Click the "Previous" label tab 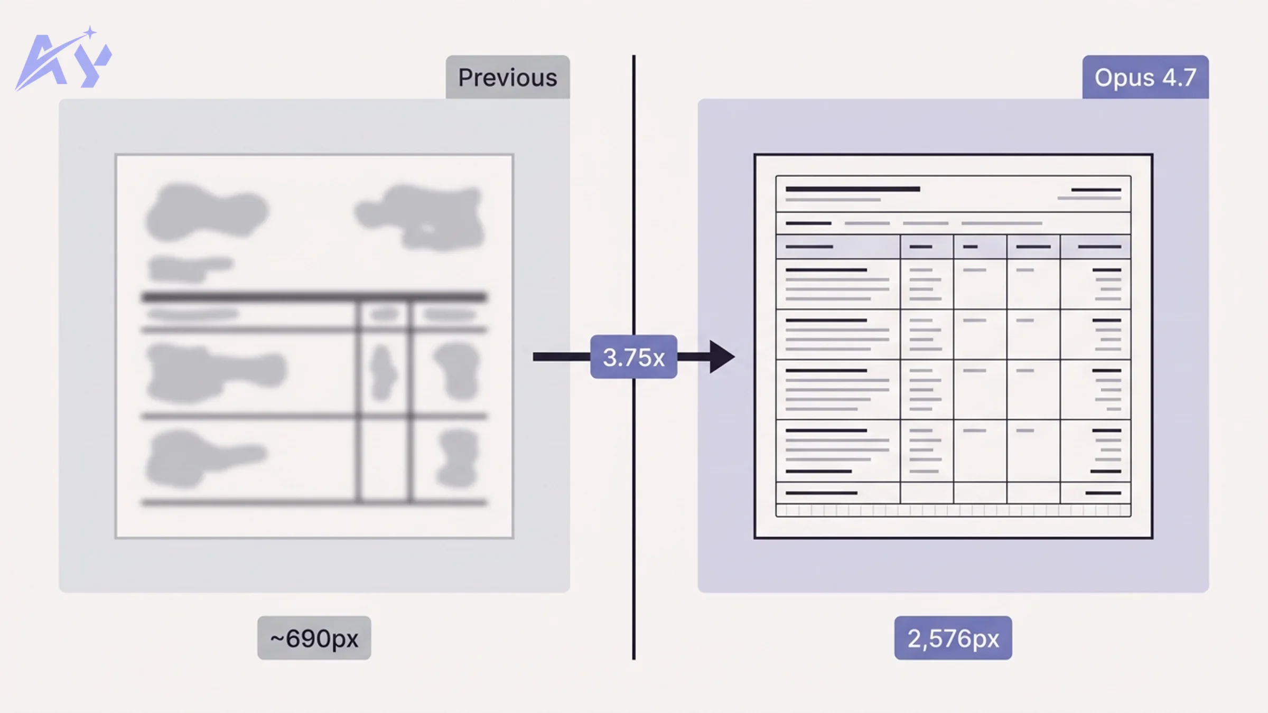tap(507, 78)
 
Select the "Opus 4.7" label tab tap(1145, 78)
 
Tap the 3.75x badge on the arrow tap(633, 357)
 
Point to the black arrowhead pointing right tap(721, 357)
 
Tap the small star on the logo tap(90, 33)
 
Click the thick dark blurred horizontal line tap(314, 297)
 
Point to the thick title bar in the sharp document tap(852, 189)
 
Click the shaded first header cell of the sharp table tap(838, 247)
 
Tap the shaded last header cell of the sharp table tap(1095, 247)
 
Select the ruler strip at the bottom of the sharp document tap(953, 511)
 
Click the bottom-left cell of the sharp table tap(838, 493)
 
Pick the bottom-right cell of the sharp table tap(1095, 493)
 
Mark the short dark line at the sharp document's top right tap(1096, 190)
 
